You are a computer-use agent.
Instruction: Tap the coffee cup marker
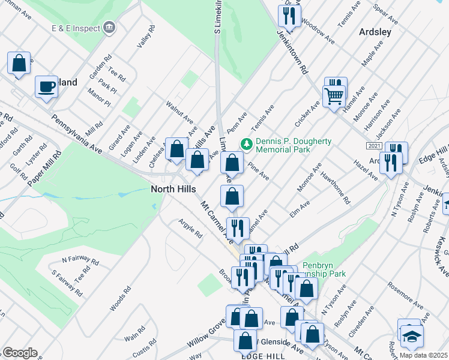(46, 88)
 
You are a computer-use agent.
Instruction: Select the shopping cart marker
(334, 96)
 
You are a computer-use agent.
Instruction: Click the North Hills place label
(173, 190)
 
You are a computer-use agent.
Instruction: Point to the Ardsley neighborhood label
(376, 31)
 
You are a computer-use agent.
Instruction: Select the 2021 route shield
(373, 146)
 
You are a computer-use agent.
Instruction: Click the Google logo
(20, 353)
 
